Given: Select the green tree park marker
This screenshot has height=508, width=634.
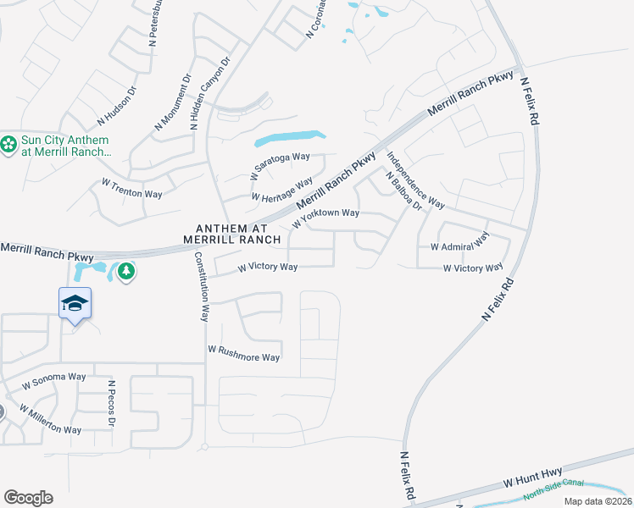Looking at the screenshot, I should click(x=126, y=272).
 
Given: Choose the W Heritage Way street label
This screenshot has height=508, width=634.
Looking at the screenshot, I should click(x=282, y=190).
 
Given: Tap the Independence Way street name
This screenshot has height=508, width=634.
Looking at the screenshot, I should click(x=415, y=179).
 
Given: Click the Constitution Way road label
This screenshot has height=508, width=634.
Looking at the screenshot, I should click(x=202, y=287).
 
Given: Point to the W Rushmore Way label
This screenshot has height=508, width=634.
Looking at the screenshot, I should click(x=243, y=353).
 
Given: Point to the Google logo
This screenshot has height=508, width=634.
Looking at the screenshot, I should click(x=28, y=498).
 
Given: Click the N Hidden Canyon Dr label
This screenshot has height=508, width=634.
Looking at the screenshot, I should click(x=209, y=93).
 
